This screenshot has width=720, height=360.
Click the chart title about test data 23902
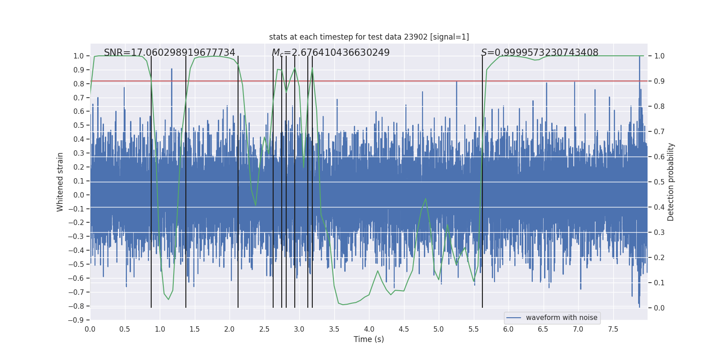(369, 37)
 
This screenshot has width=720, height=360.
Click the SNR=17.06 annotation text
(170, 53)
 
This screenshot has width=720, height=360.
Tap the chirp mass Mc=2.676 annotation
(331, 53)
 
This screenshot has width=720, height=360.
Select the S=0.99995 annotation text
(540, 53)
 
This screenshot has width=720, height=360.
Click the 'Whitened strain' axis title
(60, 182)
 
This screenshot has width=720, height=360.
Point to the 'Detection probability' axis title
(671, 182)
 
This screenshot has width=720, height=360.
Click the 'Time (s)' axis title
(369, 339)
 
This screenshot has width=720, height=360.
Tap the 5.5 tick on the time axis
(473, 329)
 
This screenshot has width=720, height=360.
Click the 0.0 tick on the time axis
(90, 329)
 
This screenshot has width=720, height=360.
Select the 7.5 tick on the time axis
(613, 329)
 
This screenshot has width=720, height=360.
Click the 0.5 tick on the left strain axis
(79, 126)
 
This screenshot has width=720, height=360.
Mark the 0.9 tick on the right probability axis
(659, 81)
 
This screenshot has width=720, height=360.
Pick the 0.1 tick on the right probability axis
(659, 283)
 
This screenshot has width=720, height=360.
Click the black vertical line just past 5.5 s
(482, 180)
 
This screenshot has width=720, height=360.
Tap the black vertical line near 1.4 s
(186, 180)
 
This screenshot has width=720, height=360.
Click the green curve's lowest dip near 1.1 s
(168, 299)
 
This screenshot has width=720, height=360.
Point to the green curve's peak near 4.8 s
(425, 199)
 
